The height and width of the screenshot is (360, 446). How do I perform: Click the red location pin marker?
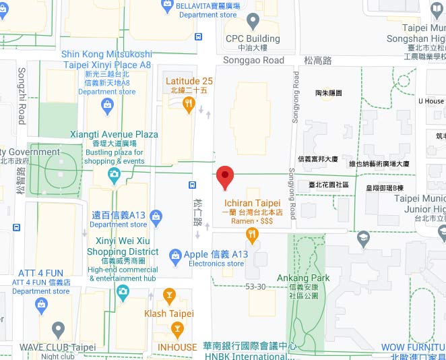(x=225, y=177)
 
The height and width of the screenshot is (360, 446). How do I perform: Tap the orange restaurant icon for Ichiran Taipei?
(x=252, y=235)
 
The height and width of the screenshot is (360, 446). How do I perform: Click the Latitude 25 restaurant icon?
(x=189, y=103)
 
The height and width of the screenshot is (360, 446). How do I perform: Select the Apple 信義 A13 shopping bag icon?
(x=175, y=255)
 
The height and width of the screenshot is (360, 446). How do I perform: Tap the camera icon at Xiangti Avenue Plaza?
(x=114, y=176)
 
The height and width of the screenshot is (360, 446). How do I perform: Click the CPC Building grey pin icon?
(x=253, y=20)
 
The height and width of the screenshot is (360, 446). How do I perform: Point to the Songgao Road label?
(x=255, y=60)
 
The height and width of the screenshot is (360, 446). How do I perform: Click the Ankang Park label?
(x=303, y=278)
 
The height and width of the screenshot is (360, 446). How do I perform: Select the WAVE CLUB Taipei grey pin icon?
(x=58, y=330)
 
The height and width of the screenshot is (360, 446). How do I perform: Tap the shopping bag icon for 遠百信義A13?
(x=156, y=216)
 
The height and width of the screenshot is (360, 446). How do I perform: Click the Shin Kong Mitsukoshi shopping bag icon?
(x=107, y=105)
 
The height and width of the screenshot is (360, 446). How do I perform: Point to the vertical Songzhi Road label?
(x=21, y=95)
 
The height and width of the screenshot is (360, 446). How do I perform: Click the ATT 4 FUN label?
(x=40, y=273)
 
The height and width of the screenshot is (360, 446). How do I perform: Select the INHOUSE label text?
(x=177, y=348)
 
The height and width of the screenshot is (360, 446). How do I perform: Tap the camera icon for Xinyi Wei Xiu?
(x=123, y=291)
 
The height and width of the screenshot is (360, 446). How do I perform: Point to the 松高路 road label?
(x=318, y=60)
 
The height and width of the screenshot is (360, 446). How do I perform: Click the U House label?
(x=431, y=101)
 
